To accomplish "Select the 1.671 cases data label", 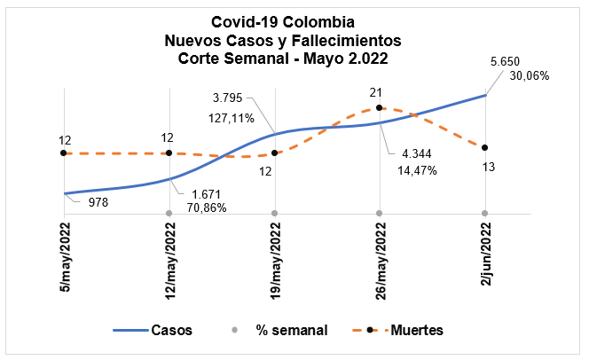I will click(204, 193).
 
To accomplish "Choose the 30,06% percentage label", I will click(529, 76).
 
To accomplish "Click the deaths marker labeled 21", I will click(380, 107).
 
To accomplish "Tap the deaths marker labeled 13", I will click(484, 147).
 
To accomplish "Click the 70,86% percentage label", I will click(205, 208).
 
